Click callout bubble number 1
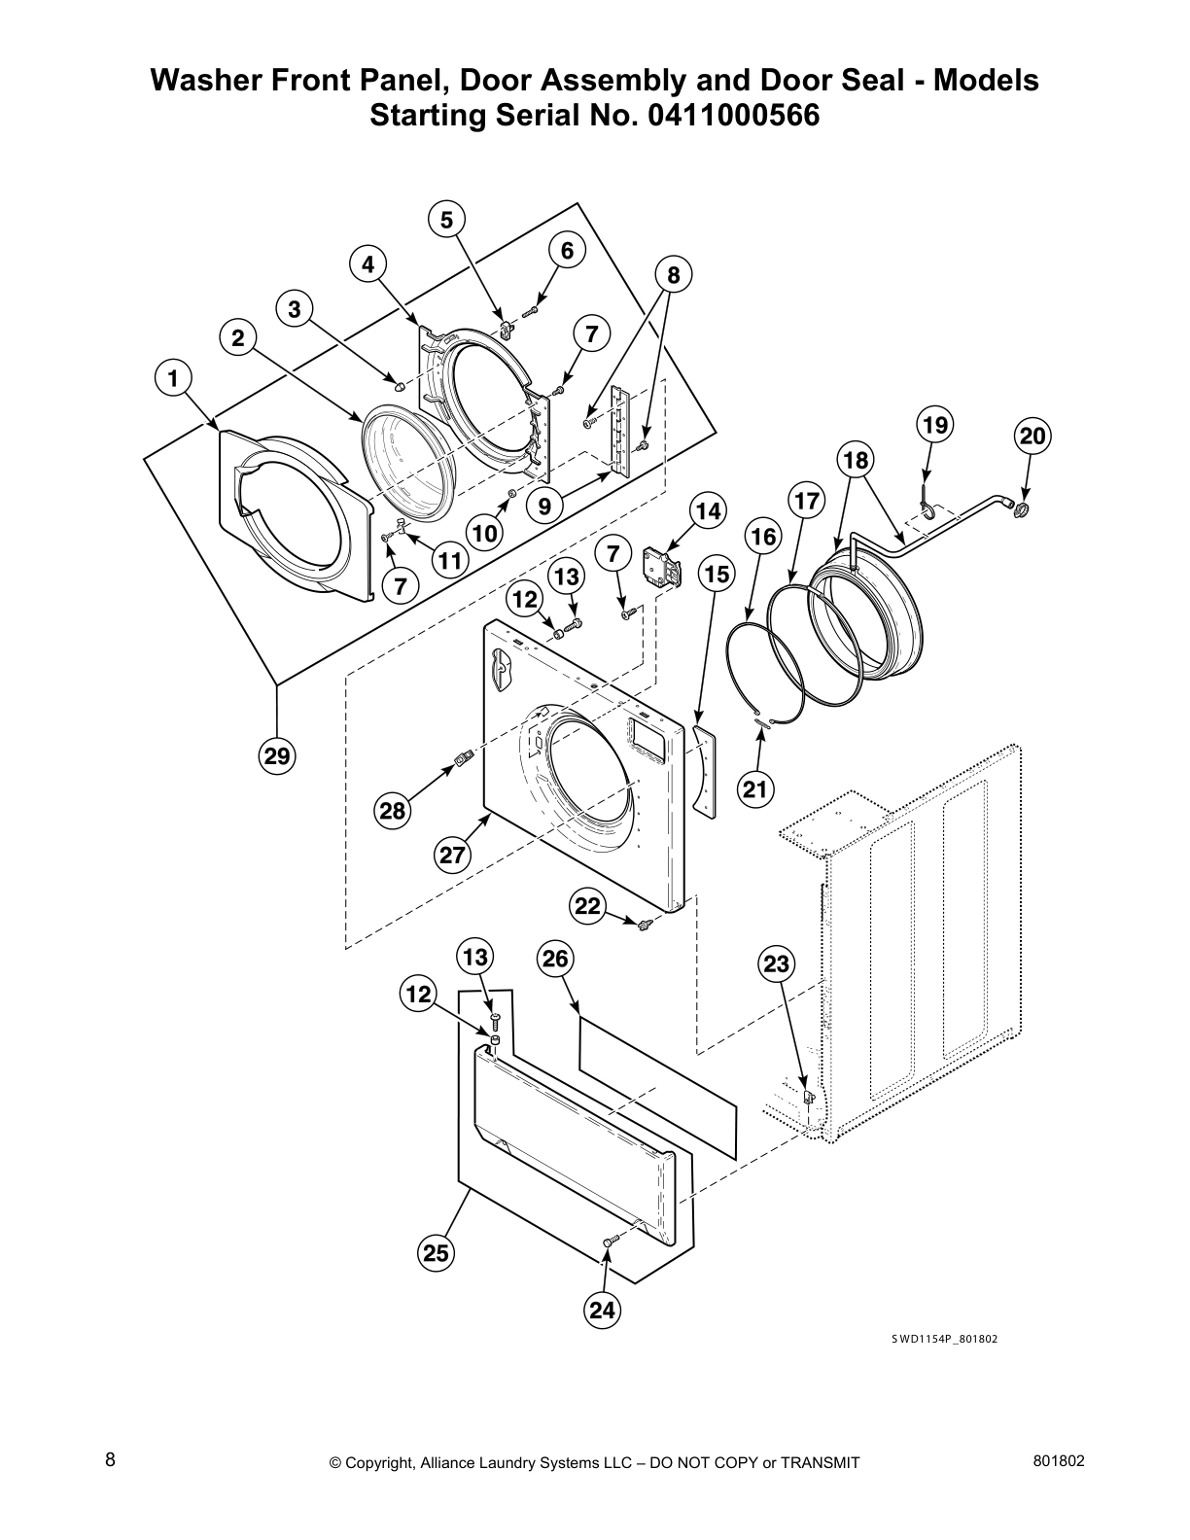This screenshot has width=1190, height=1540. pyautogui.click(x=173, y=378)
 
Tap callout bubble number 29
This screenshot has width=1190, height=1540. pyautogui.click(x=277, y=755)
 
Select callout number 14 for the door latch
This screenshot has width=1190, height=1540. pyautogui.click(x=708, y=511)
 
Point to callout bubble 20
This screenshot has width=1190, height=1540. pyautogui.click(x=1032, y=437)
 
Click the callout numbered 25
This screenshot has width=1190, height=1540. pyautogui.click(x=436, y=1253)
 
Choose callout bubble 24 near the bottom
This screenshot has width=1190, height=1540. pyautogui.click(x=602, y=1311)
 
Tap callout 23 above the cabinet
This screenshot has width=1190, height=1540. pyautogui.click(x=776, y=964)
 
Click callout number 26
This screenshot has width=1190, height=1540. pyautogui.click(x=554, y=959)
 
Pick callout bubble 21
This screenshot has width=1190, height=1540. pyautogui.click(x=755, y=789)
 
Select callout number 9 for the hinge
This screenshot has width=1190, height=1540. pyautogui.click(x=544, y=506)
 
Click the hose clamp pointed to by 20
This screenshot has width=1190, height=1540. pyautogui.click(x=1022, y=508)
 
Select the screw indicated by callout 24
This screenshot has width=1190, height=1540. pyautogui.click(x=609, y=1242)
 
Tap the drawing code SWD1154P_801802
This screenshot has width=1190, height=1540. pyautogui.click(x=944, y=1339)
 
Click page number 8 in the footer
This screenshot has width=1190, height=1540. pyautogui.click(x=110, y=1459)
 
